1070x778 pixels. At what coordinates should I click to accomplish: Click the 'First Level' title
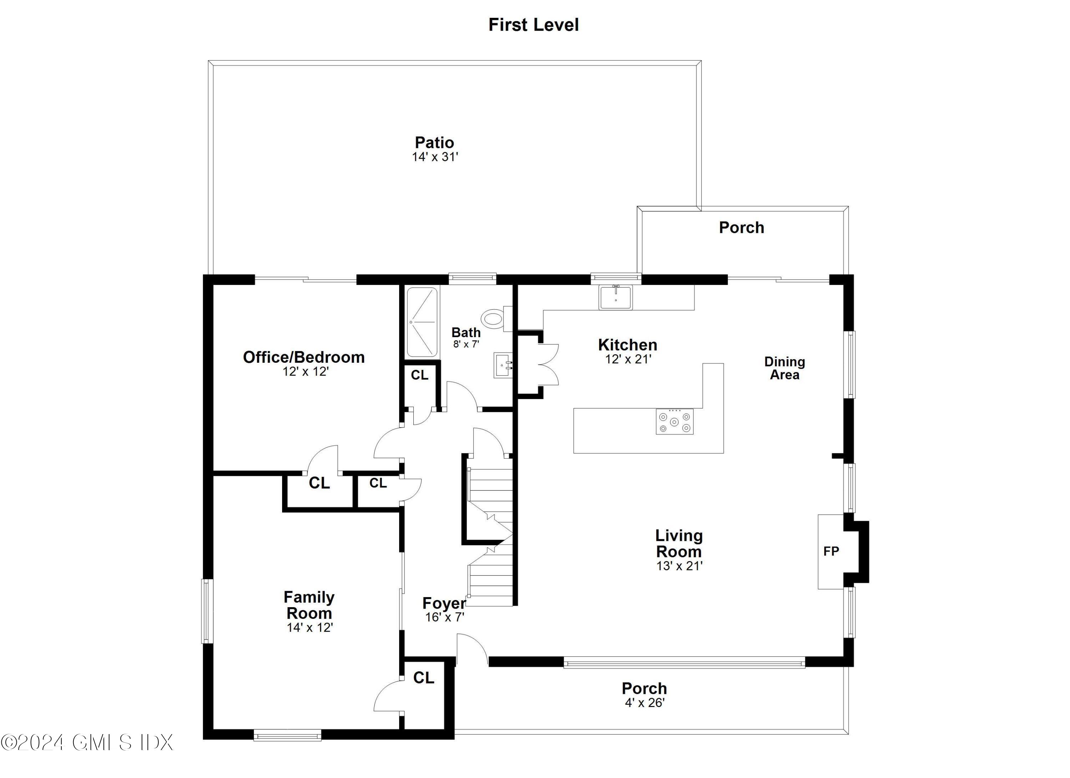(533, 25)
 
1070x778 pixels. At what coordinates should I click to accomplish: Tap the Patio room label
(434, 142)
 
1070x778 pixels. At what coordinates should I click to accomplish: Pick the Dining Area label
(785, 368)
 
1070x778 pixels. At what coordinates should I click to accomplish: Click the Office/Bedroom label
(304, 357)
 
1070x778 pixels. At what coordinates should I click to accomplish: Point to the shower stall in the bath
(422, 322)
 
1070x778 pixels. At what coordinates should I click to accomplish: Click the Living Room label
(679, 544)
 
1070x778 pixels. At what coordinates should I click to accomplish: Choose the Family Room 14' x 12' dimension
(310, 627)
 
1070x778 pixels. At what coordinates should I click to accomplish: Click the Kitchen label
(627, 345)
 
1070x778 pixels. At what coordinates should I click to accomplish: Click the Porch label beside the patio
(741, 228)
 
